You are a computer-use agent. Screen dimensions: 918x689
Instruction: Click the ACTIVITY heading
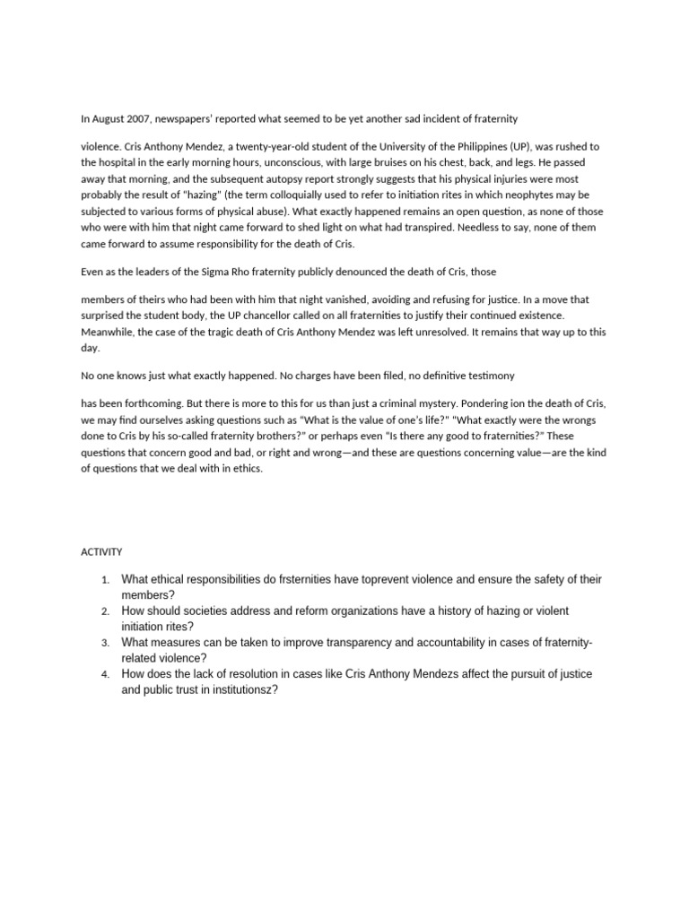pos(101,552)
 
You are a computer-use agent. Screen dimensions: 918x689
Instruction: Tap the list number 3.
pos(105,643)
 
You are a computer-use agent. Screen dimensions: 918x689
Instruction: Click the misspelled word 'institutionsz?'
pos(240,690)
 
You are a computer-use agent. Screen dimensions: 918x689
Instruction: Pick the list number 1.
pos(105,580)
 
